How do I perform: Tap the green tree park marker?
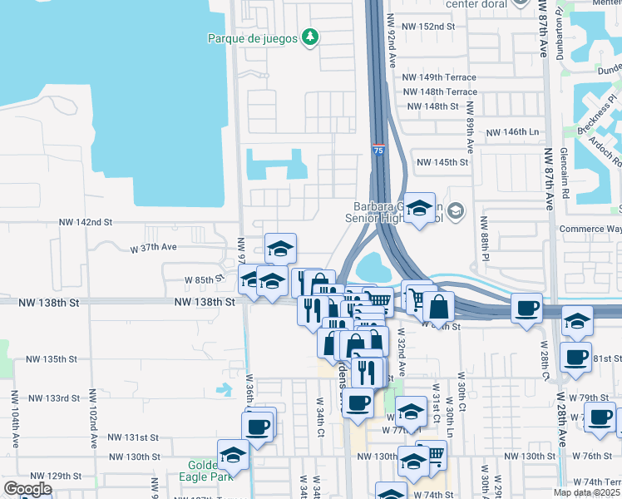pyautogui.click(x=310, y=37)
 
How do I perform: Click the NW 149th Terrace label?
pyautogui.click(x=439, y=77)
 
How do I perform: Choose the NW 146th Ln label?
pyautogui.click(x=512, y=132)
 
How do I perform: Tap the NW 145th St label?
pyautogui.click(x=443, y=162)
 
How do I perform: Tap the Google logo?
pyautogui.click(x=27, y=489)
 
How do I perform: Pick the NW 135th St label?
pyautogui.click(x=52, y=359)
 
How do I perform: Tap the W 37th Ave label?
pyautogui.click(x=153, y=247)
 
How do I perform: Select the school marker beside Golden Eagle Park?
pyautogui.click(x=234, y=456)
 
